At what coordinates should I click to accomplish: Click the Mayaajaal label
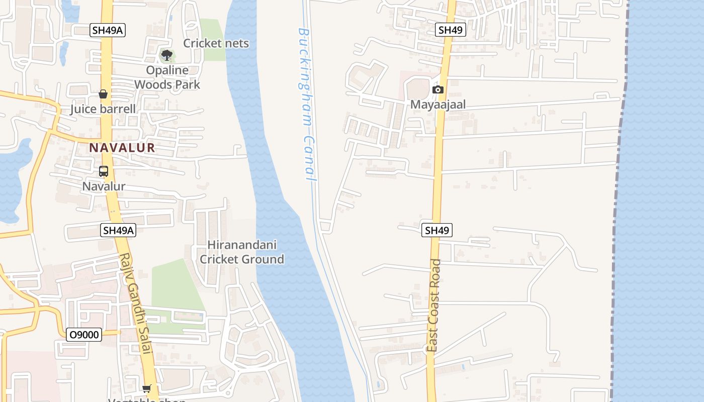tap(438, 105)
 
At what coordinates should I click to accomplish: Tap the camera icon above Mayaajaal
tap(438, 89)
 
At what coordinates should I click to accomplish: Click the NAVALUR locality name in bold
tap(122, 148)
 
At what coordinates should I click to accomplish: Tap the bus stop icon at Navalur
tap(104, 171)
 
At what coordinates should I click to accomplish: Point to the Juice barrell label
tap(103, 109)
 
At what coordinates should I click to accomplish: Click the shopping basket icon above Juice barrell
tap(103, 94)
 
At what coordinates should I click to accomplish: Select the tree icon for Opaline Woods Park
tap(166, 55)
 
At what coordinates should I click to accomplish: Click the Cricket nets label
tap(216, 43)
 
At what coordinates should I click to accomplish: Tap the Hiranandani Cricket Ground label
tap(242, 252)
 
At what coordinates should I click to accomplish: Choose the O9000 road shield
tap(84, 335)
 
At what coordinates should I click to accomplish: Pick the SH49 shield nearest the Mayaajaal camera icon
tap(450, 30)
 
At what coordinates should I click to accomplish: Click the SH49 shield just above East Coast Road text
tap(436, 230)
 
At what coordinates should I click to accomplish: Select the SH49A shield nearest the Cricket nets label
tap(108, 30)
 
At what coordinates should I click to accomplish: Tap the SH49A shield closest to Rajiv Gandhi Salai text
tap(118, 230)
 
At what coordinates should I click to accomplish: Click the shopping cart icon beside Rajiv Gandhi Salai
tap(147, 388)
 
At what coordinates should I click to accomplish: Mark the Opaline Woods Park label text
tap(167, 77)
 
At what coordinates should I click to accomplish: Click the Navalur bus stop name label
tap(104, 186)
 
